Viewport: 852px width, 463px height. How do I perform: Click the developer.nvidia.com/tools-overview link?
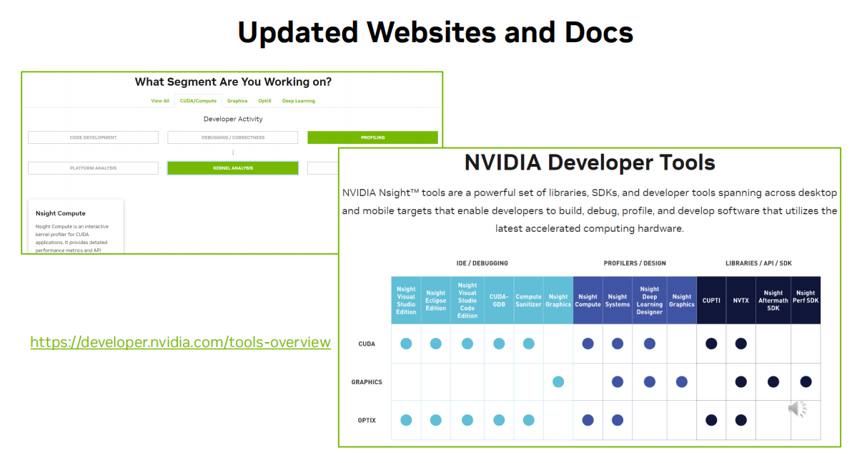tap(180, 342)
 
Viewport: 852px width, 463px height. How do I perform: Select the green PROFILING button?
tap(372, 137)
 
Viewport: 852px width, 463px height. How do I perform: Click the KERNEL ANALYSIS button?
tap(233, 168)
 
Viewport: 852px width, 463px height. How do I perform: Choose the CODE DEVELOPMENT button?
tap(93, 137)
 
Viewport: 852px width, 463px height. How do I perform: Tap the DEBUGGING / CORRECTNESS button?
tap(233, 137)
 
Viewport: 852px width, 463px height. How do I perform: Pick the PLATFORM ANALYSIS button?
tap(93, 168)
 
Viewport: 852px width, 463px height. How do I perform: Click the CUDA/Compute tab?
tap(198, 101)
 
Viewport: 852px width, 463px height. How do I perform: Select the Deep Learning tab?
tap(298, 101)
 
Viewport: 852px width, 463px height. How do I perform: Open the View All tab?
tap(160, 101)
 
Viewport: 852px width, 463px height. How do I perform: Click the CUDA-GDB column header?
tap(499, 301)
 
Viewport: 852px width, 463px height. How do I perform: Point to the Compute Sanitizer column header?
tap(528, 301)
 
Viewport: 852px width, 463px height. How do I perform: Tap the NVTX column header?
tap(740, 301)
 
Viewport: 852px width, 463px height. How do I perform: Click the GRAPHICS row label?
tap(367, 382)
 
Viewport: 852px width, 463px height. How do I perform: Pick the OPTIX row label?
tap(367, 420)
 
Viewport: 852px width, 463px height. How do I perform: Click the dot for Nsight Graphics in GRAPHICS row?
tap(558, 382)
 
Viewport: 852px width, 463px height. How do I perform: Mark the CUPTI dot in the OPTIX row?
tap(711, 420)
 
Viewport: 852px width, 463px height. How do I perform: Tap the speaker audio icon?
tap(797, 409)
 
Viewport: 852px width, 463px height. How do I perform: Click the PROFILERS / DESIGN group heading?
tap(635, 263)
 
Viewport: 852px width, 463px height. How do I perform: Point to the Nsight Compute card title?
tap(61, 213)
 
